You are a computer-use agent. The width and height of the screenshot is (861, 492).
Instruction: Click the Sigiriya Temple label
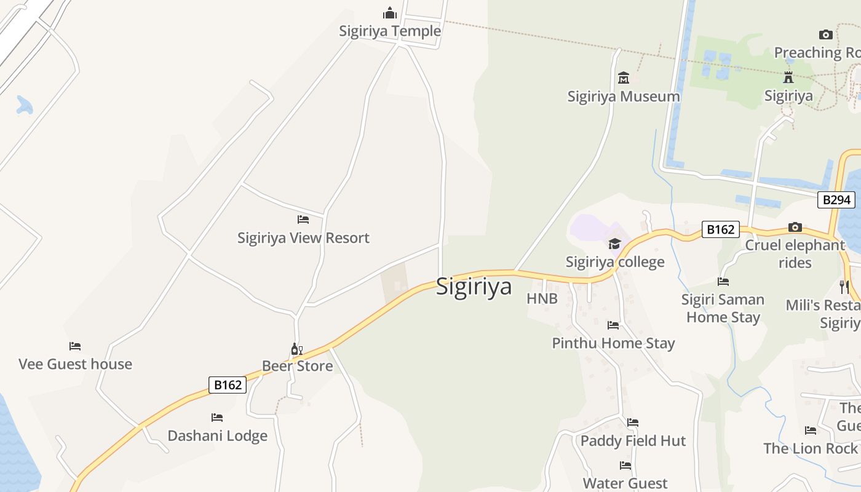(390, 31)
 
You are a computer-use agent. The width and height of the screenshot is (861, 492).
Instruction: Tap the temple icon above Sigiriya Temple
(390, 13)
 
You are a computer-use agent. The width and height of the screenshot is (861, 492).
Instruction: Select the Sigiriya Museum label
(624, 97)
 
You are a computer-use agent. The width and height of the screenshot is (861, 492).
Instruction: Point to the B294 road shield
(836, 199)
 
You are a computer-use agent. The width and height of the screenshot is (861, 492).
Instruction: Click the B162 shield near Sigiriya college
(720, 229)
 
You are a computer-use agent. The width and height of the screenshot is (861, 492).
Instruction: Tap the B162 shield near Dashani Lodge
(228, 385)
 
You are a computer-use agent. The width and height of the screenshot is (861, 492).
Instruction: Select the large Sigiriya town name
(474, 287)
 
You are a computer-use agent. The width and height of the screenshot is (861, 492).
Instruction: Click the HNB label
(542, 299)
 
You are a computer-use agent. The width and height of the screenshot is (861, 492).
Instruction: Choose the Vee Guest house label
(75, 364)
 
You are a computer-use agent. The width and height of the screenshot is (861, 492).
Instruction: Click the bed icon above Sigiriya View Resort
(303, 219)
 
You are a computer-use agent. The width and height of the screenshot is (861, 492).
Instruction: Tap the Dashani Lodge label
(217, 436)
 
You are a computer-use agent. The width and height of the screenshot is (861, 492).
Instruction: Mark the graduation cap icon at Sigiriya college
(614, 244)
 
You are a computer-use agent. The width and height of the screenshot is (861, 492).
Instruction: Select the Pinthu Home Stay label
(613, 343)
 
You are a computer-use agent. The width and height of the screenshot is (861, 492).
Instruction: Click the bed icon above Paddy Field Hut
(633, 423)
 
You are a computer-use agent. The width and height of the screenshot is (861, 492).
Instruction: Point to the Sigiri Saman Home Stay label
(723, 308)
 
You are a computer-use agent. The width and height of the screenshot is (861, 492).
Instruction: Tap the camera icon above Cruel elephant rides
(795, 227)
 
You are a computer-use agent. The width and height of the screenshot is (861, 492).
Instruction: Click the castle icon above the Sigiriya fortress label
(788, 77)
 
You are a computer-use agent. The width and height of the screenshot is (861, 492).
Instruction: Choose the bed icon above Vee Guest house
(75, 346)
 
